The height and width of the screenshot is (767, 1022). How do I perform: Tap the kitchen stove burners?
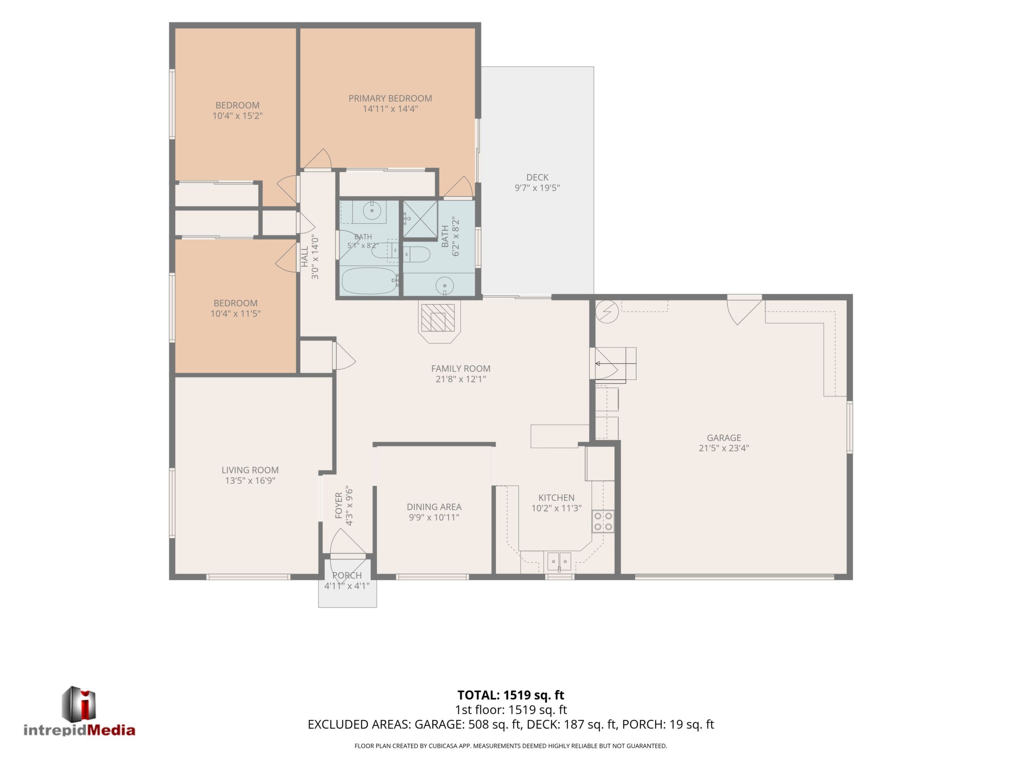[603, 521]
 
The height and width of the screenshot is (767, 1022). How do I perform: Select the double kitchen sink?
[559, 561]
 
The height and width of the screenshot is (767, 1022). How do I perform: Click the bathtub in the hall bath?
[370, 281]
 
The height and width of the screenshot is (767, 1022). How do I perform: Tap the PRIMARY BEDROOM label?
[390, 98]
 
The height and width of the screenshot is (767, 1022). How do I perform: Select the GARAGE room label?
[724, 438]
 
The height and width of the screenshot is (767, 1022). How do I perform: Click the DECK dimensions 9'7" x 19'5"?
[537, 188]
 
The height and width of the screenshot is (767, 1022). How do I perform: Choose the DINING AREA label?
[434, 507]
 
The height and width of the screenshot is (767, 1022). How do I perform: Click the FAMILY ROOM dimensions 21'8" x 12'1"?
[461, 379]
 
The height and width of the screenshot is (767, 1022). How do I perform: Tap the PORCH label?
[347, 576]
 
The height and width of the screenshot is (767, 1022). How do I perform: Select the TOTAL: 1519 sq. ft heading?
[511, 695]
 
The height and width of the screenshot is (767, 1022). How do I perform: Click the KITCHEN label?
[556, 498]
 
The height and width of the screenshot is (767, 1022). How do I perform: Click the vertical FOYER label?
[339, 506]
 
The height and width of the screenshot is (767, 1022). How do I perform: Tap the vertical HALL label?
[305, 256]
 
